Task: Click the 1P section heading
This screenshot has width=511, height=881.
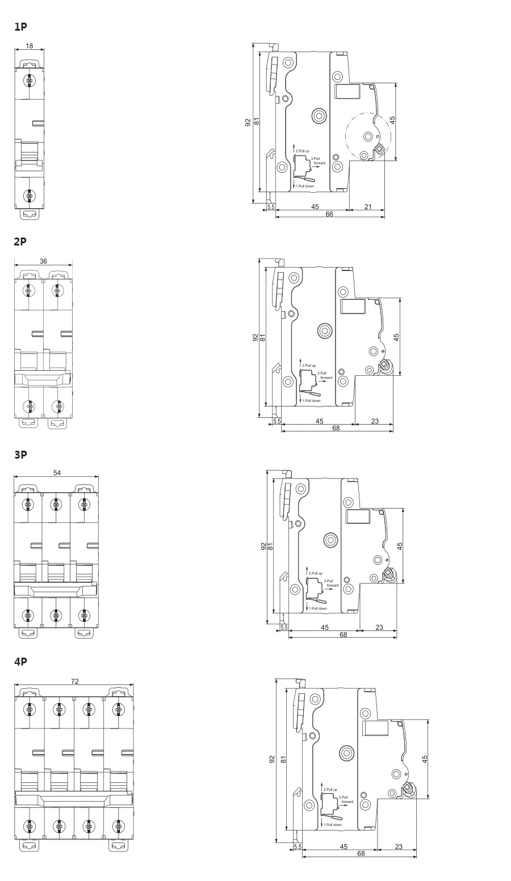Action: (x=20, y=27)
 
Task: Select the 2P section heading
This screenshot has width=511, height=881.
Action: (x=20, y=242)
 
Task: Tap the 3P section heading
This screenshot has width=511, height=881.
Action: (x=20, y=455)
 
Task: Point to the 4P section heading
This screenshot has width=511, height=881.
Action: (x=20, y=662)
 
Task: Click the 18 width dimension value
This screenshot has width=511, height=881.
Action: (x=29, y=46)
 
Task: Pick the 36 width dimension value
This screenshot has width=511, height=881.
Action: (x=44, y=261)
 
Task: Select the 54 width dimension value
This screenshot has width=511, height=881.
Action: (x=57, y=473)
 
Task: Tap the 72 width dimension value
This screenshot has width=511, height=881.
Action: (x=74, y=681)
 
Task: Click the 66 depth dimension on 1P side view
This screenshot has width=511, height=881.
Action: (x=329, y=214)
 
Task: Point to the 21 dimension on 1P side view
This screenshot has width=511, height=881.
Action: (x=367, y=206)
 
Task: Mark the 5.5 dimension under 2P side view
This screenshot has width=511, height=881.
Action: (x=277, y=421)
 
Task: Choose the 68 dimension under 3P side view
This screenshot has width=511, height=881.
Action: (x=343, y=635)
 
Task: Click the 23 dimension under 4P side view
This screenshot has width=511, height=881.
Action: (x=398, y=846)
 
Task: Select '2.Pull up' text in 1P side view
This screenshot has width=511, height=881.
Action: (x=303, y=151)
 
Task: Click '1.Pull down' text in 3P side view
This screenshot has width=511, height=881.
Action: (x=318, y=608)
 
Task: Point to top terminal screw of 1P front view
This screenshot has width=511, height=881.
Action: (x=29, y=81)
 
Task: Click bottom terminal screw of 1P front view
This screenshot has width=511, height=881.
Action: (x=29, y=196)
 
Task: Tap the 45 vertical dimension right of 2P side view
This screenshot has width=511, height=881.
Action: (x=396, y=337)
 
